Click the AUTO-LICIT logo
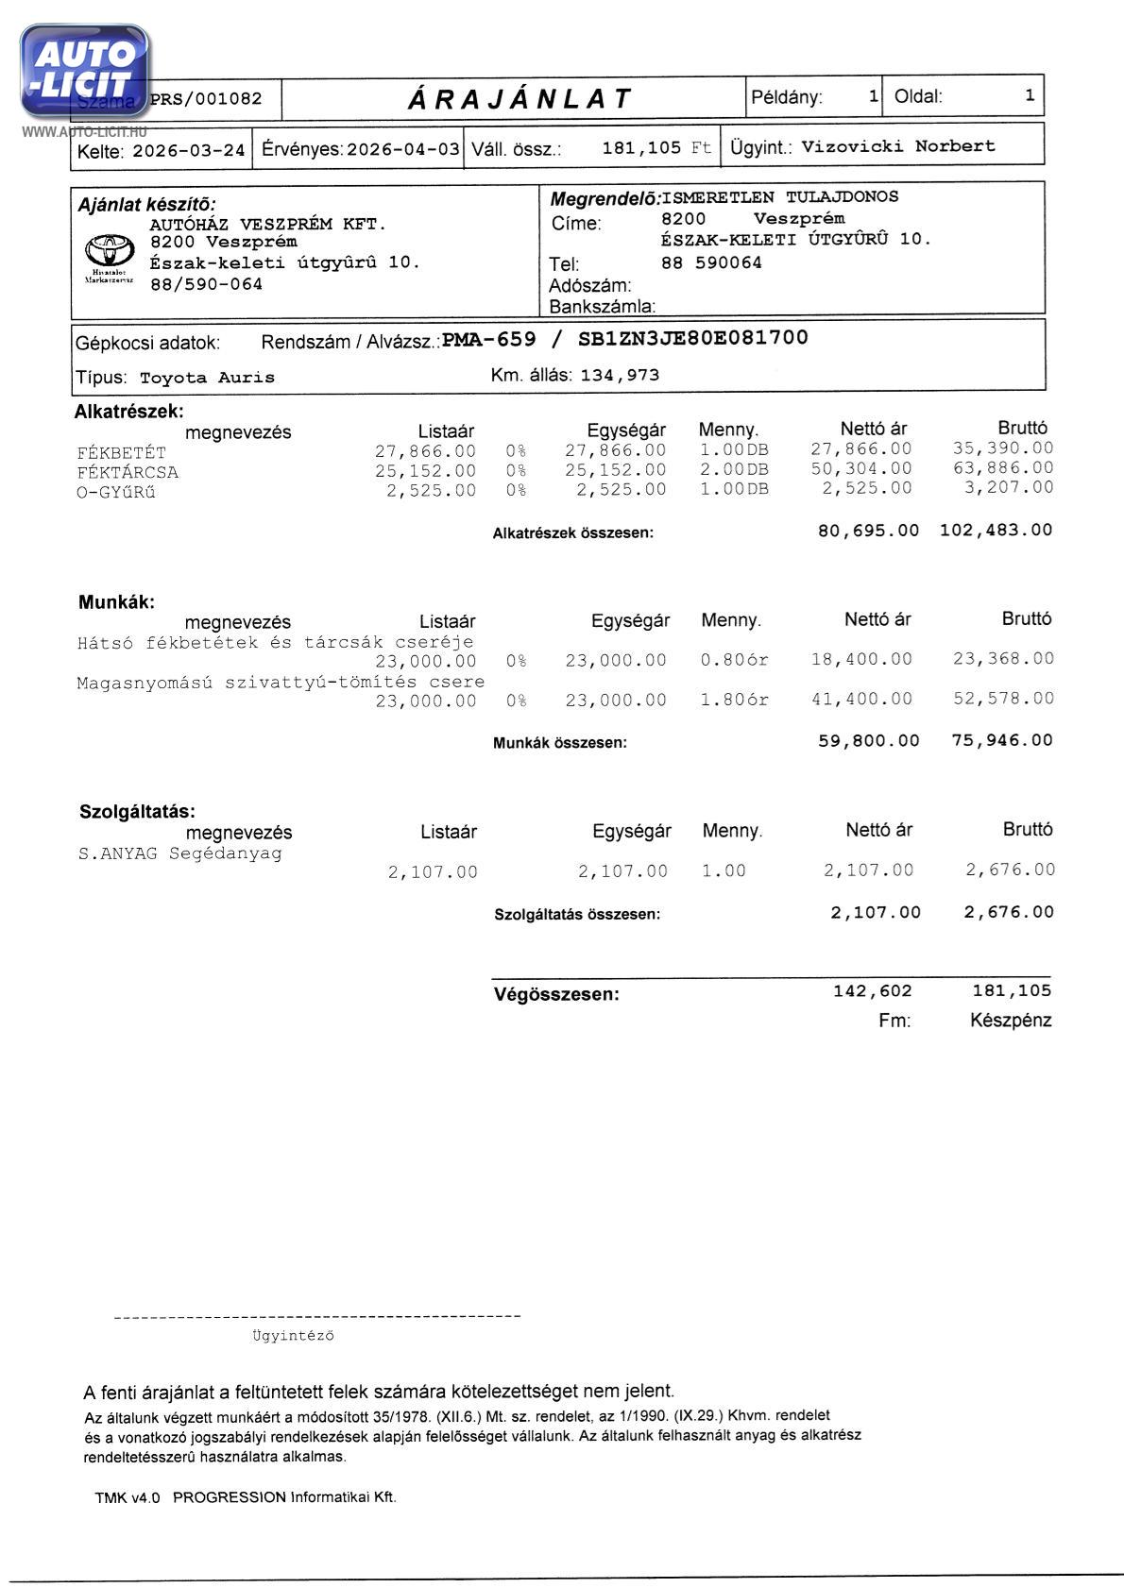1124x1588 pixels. click(x=84, y=71)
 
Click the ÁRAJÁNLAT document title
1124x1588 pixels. click(x=519, y=98)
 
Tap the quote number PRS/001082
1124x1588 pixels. click(x=206, y=99)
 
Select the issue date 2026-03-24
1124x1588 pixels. click(x=189, y=150)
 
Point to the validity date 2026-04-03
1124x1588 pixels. click(x=403, y=149)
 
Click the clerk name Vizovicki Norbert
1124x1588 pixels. click(x=897, y=146)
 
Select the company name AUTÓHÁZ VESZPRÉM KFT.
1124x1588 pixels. click(x=268, y=225)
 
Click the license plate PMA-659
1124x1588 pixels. click(x=489, y=339)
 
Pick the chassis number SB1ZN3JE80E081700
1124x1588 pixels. click(x=692, y=338)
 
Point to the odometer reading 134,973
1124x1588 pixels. click(x=620, y=375)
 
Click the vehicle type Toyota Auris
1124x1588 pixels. click(x=207, y=378)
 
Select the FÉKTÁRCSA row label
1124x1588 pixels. click(x=128, y=472)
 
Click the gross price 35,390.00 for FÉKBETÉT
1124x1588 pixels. click(x=1002, y=448)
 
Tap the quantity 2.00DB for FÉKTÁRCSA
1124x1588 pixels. click(x=734, y=469)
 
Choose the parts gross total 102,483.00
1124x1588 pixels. click(x=996, y=531)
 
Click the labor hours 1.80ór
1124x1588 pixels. click(x=734, y=700)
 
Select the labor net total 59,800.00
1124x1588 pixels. click(x=868, y=740)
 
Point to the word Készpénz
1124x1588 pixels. click(x=1010, y=1021)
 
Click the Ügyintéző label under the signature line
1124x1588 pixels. click(x=293, y=1336)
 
